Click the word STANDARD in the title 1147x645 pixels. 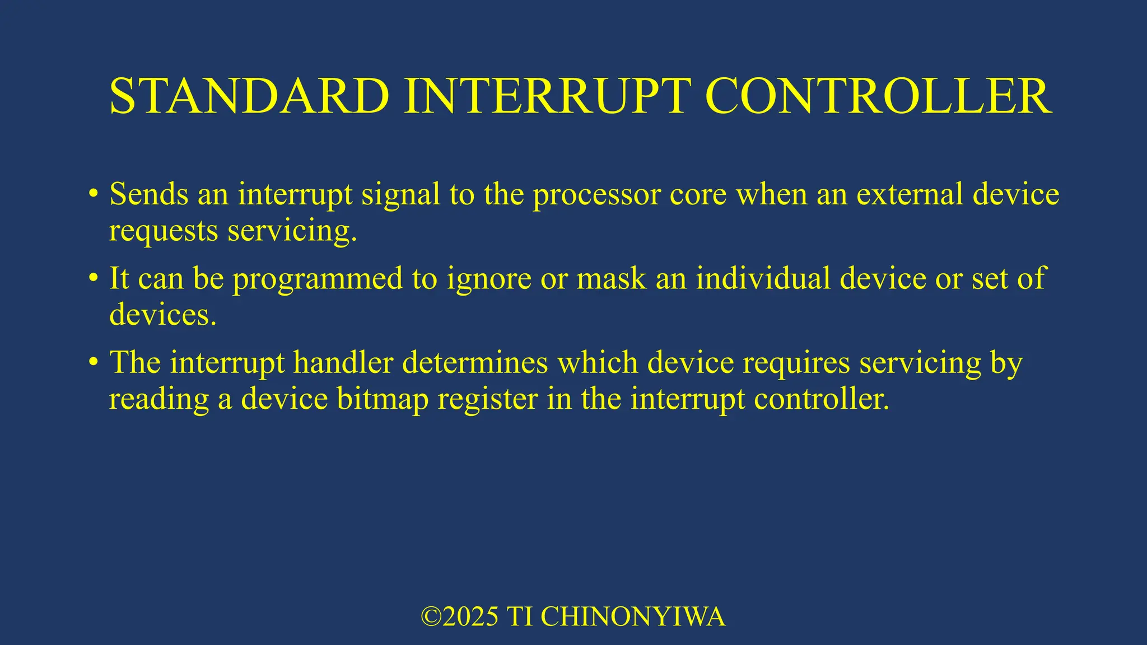click(249, 96)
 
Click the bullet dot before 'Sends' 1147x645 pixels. click(94, 194)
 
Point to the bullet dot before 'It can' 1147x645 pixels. click(94, 278)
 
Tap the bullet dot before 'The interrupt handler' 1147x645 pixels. click(94, 362)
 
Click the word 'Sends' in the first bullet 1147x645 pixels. click(148, 194)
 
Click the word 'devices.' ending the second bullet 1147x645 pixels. click(162, 315)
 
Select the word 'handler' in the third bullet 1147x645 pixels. click(343, 362)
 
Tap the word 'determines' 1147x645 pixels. click(475, 362)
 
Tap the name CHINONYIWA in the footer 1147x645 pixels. click(633, 617)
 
